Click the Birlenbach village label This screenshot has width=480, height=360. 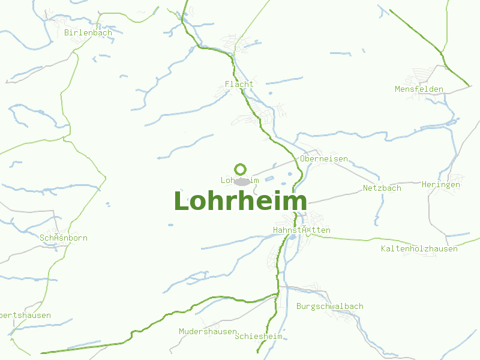[88, 32]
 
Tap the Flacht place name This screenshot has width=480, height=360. [239, 84]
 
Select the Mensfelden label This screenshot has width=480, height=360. [419, 89]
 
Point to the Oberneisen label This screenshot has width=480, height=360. [324, 158]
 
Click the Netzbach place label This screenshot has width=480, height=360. [382, 188]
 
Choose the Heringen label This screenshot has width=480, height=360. [440, 184]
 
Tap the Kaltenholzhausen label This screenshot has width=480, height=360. [419, 248]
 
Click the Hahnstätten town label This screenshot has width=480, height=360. [301, 230]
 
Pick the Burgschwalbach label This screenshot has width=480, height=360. [329, 306]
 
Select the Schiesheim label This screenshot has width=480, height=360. [259, 336]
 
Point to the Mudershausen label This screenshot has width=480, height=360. [208, 331]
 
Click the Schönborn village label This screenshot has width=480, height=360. [63, 238]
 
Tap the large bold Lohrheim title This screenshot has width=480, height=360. [240, 202]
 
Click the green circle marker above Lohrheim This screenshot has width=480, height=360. [241, 169]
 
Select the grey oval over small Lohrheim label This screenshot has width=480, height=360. [242, 181]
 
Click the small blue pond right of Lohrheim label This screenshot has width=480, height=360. [269, 179]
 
